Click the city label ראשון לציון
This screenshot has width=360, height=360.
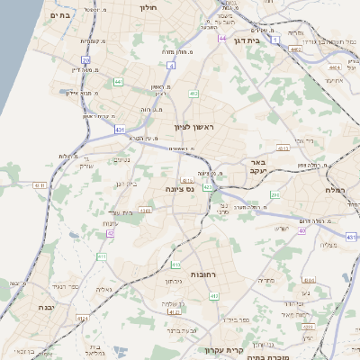click(x=195, y=129)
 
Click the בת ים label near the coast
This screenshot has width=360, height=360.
click(x=59, y=15)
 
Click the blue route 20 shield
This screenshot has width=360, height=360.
click(x=85, y=59)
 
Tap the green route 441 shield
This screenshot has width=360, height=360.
click(x=118, y=82)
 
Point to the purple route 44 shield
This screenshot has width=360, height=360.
click(x=221, y=39)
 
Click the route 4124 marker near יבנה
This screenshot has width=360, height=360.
click(x=82, y=319)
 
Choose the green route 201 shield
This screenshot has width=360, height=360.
click(x=274, y=193)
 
